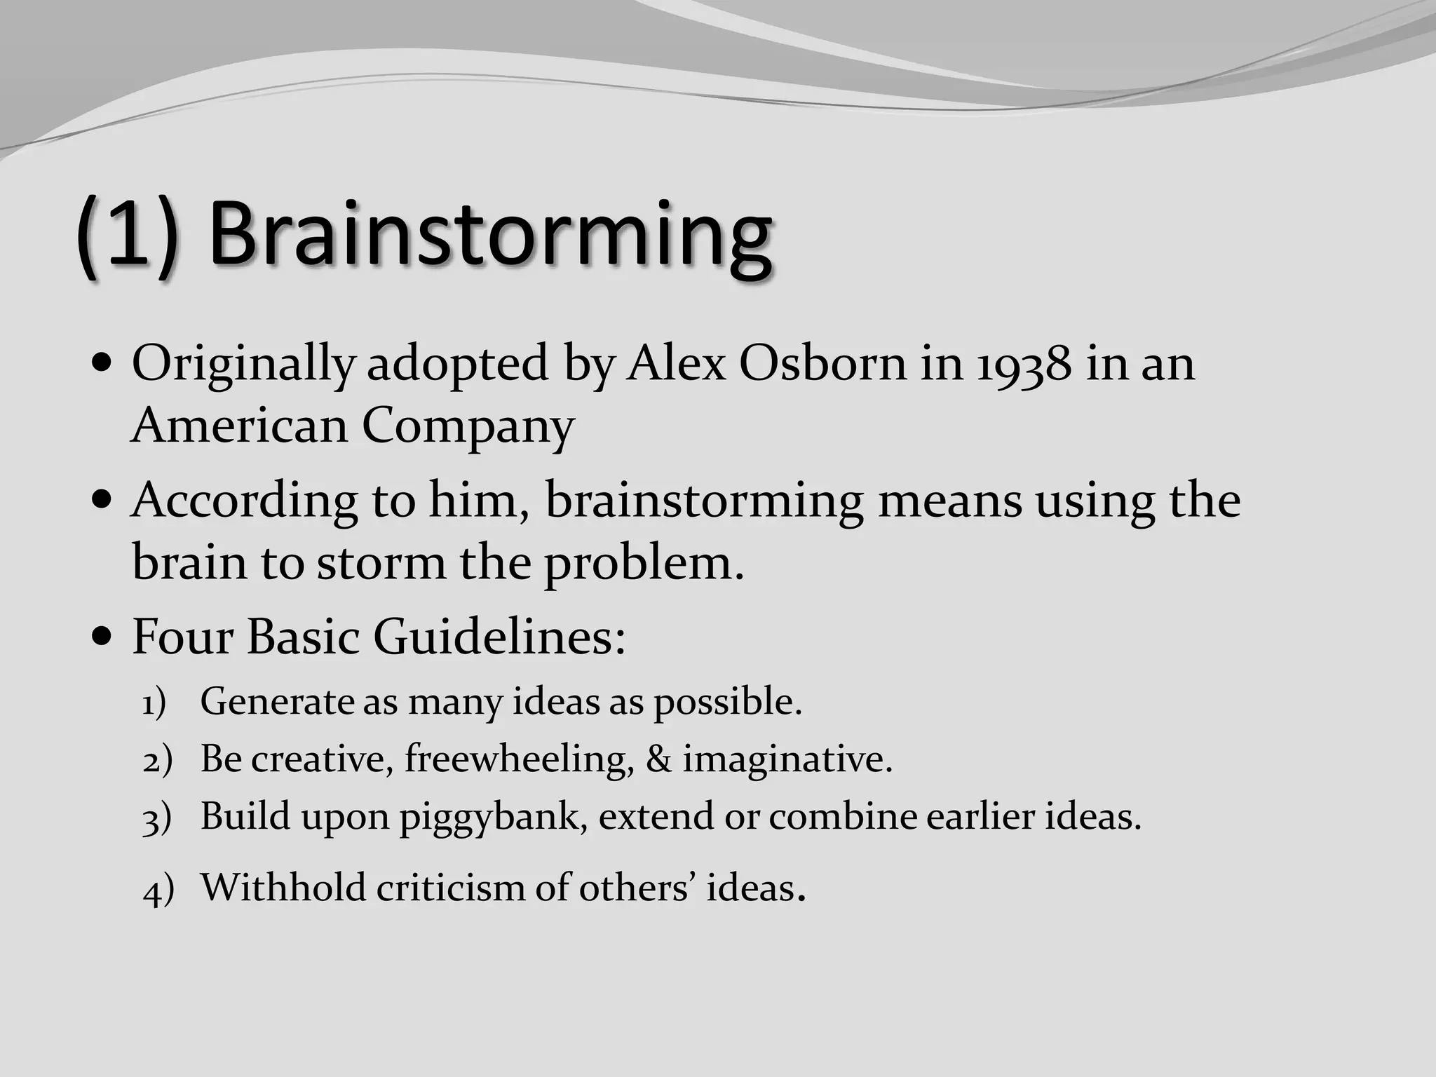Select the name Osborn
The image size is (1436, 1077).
tap(822, 365)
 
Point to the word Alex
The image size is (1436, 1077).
tap(676, 365)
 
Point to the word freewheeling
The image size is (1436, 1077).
tap(519, 759)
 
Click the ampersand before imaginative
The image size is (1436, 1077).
tap(658, 759)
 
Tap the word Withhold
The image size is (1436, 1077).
tap(283, 888)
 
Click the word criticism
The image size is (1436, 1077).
tap(450, 888)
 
